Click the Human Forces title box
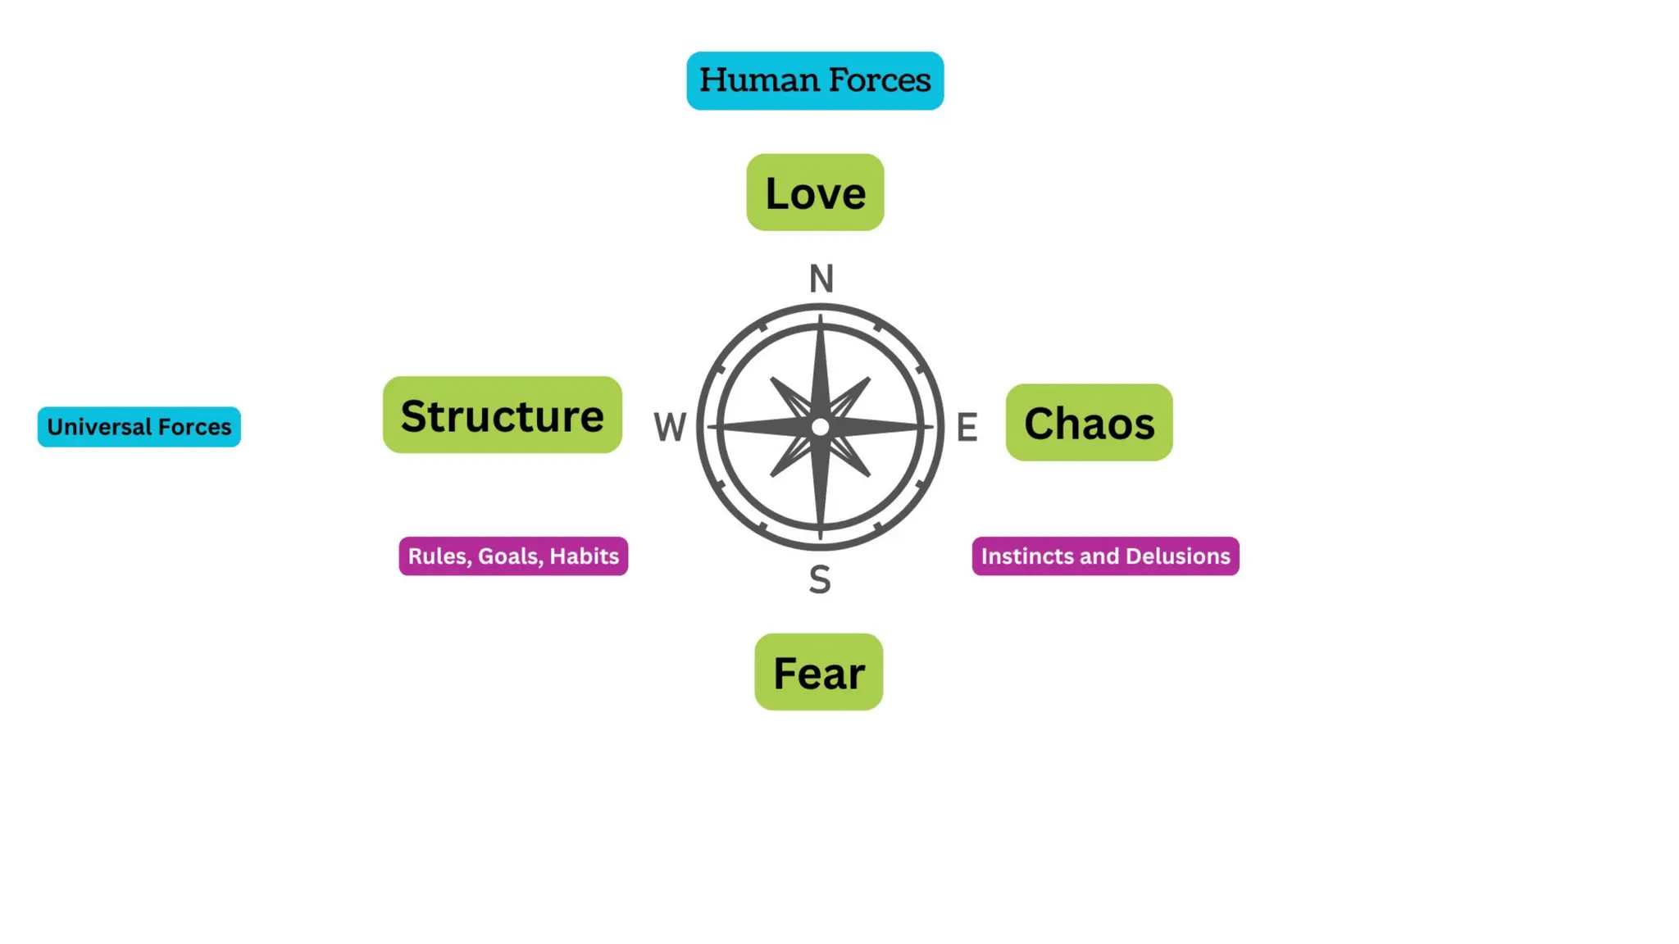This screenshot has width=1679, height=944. click(815, 80)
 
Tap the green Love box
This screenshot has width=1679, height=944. click(815, 193)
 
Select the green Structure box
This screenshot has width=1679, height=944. click(502, 415)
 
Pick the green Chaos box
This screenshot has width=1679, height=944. click(1089, 422)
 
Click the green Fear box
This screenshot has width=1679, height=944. click(818, 672)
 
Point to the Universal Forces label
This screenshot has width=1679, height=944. click(139, 427)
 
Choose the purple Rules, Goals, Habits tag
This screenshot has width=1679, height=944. click(513, 556)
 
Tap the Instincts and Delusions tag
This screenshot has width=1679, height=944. click(1105, 556)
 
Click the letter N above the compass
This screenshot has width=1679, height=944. click(821, 279)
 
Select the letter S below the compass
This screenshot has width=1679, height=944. click(820, 579)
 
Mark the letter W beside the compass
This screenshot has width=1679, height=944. click(670, 427)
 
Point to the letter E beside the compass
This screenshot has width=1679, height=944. click(967, 427)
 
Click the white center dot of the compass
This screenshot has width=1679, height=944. click(820, 427)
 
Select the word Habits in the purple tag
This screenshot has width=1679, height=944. click(584, 556)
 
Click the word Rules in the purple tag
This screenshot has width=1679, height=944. click(439, 556)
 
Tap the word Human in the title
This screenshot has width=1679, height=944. click(758, 80)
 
